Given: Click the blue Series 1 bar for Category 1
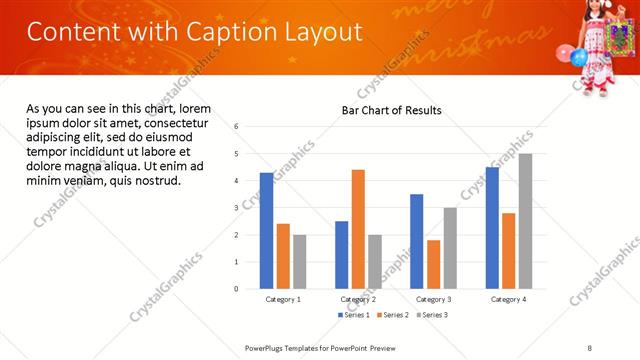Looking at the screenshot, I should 266,230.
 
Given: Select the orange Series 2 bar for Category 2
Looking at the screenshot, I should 358,229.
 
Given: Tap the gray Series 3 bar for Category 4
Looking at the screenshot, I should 525,221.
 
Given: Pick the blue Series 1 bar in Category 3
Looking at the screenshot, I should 416,241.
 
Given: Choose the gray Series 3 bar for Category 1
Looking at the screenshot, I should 299,261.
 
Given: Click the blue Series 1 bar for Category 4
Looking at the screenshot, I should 492,227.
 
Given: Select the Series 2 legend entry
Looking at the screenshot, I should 391,315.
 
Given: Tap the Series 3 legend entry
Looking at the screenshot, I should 432,315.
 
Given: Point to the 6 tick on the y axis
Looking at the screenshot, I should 237,127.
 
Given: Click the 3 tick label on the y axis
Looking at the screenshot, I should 237,208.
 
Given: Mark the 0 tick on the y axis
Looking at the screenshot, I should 237,289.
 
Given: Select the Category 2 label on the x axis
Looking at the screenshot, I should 358,299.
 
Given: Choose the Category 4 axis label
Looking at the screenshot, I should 508,299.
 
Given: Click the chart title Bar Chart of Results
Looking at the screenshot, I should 391,110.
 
